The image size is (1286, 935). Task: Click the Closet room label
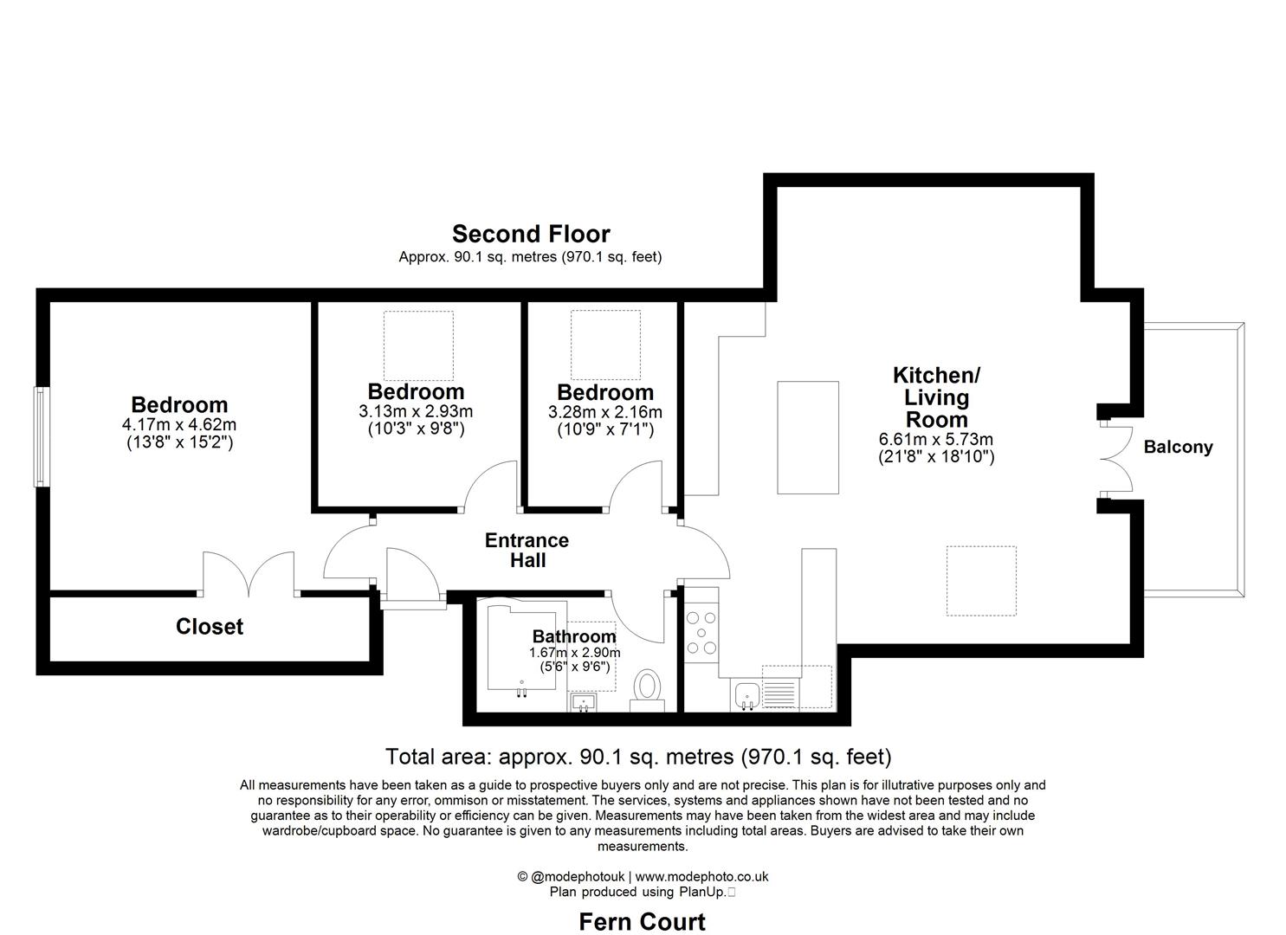coord(210,627)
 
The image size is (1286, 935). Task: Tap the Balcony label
coord(1178,448)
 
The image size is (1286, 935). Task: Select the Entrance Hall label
coord(527,551)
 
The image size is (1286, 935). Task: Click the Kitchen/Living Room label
coord(936,397)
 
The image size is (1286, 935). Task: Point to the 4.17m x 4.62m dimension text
coord(179,425)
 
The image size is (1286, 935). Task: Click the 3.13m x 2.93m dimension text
coord(416,412)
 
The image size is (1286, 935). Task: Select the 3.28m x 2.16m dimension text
coord(604,412)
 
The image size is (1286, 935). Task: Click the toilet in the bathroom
coord(646,689)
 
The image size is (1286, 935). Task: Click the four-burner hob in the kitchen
coord(701,633)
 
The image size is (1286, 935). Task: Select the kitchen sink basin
coord(746,694)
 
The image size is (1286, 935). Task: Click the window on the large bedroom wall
coord(40,436)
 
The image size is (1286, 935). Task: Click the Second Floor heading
coord(531,234)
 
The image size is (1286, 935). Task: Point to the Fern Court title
coord(642,922)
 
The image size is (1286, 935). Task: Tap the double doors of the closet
coord(249,575)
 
